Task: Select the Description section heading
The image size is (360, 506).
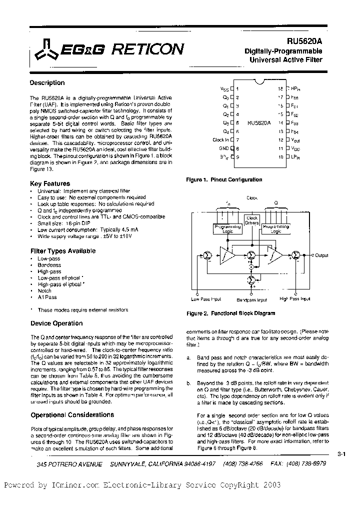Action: pyautogui.click(x=47, y=83)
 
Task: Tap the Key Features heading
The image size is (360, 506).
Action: pyautogui.click(x=50, y=183)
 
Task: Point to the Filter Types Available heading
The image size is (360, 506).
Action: pyautogui.click(x=63, y=251)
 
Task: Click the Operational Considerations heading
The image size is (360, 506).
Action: pyautogui.click(x=72, y=414)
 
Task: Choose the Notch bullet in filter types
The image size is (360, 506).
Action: pyautogui.click(x=44, y=290)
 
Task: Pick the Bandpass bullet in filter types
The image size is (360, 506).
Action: pyautogui.click(x=49, y=265)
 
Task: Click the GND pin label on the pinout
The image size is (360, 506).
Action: pyautogui.click(x=223, y=148)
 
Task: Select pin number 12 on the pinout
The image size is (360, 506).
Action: pyautogui.click(x=280, y=140)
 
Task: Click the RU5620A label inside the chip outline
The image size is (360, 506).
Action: pyautogui.click(x=258, y=122)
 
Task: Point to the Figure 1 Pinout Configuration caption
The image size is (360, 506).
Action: pyautogui.click(x=224, y=179)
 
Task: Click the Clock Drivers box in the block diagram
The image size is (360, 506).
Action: pyautogui.click(x=252, y=220)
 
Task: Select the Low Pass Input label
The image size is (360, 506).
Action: pyautogui.click(x=206, y=299)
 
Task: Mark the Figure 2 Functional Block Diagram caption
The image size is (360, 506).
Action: pyautogui.click(x=230, y=313)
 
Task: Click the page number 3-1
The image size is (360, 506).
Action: pyautogui.click(x=342, y=454)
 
